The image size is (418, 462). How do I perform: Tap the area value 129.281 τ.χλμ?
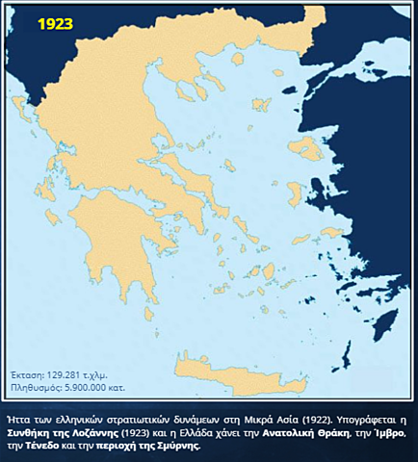(x=83, y=376)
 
